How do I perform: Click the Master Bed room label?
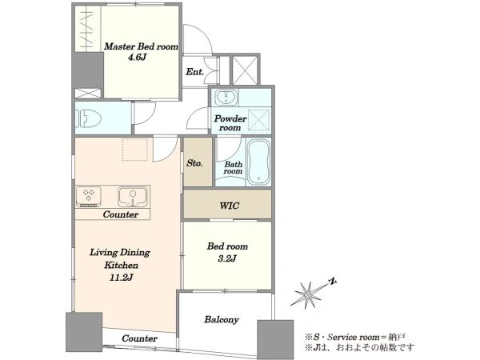click(141, 46)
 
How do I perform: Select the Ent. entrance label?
click(194, 72)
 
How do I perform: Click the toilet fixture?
click(90, 118)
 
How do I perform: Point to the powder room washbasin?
click(226, 98)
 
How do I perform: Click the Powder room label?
click(230, 122)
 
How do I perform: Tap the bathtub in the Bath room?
click(258, 162)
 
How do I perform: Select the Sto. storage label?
click(194, 163)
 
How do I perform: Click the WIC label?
click(230, 206)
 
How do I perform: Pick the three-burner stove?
click(88, 197)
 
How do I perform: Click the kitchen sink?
click(133, 197)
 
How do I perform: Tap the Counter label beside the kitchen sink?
click(121, 214)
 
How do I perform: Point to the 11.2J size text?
click(122, 278)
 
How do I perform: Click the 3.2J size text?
click(227, 258)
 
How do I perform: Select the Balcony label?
click(222, 319)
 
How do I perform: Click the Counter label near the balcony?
click(139, 338)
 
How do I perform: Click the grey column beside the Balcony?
click(275, 339)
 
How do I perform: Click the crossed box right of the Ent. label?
click(245, 70)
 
